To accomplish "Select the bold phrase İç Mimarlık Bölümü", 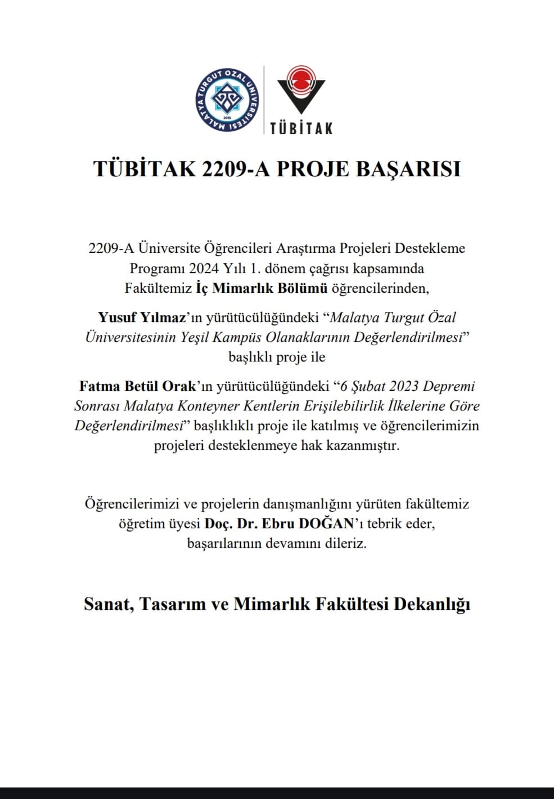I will [262, 288].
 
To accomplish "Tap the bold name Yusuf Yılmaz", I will [142, 318].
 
